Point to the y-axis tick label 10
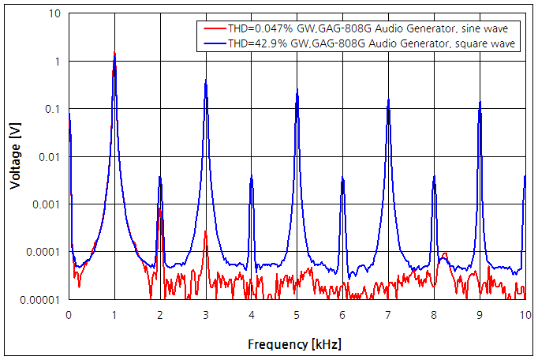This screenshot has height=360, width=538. [55, 14]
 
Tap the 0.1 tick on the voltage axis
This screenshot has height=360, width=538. [52, 109]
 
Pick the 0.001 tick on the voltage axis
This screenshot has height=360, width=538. [47, 204]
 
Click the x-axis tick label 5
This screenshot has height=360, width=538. [297, 314]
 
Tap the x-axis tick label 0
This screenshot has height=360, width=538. [69, 314]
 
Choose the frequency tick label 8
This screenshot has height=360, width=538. [434, 314]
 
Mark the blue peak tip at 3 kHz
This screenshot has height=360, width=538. [206, 81]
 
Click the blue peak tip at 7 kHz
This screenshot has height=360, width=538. [388, 99]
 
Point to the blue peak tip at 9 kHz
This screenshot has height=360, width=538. [480, 102]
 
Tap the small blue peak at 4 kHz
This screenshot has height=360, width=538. [252, 175]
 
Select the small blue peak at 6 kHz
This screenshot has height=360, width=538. [342, 178]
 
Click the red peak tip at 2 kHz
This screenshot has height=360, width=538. [160, 209]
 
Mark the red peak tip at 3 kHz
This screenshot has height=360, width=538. [206, 231]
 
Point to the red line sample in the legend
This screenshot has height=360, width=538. [214, 28]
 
